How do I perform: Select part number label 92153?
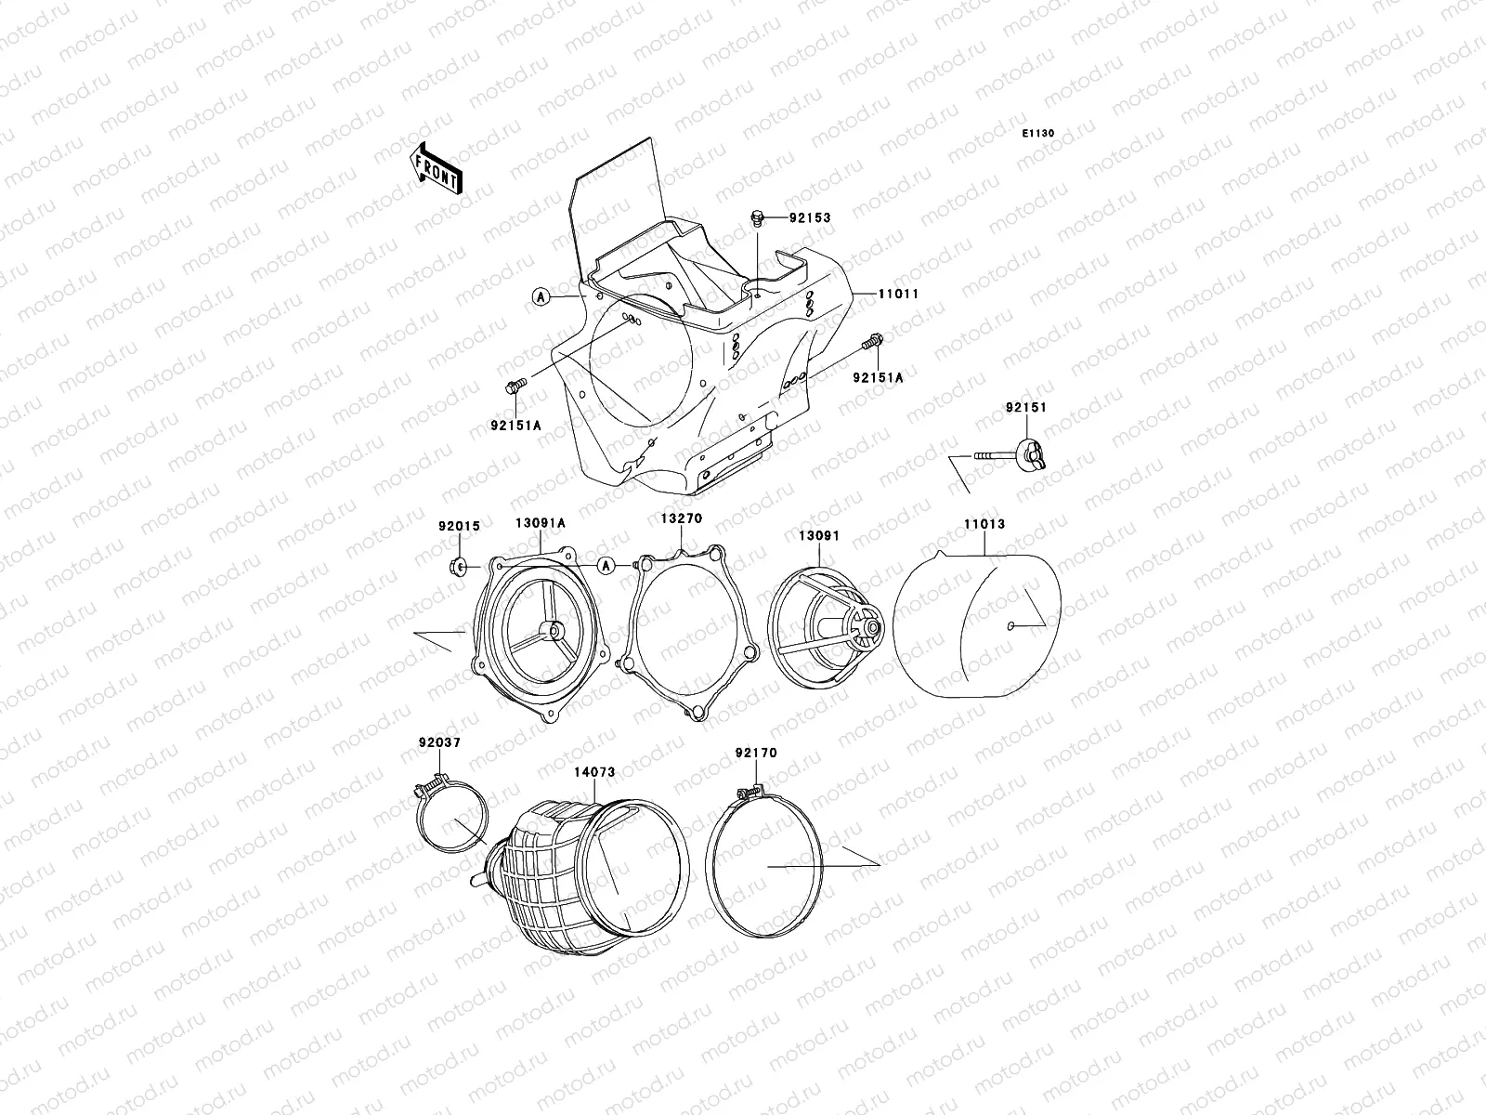810,218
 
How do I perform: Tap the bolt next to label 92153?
757,218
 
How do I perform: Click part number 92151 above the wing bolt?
1024,408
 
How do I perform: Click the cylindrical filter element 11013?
974,632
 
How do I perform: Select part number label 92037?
438,742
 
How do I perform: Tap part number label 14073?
593,771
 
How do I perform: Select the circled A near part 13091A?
606,565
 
